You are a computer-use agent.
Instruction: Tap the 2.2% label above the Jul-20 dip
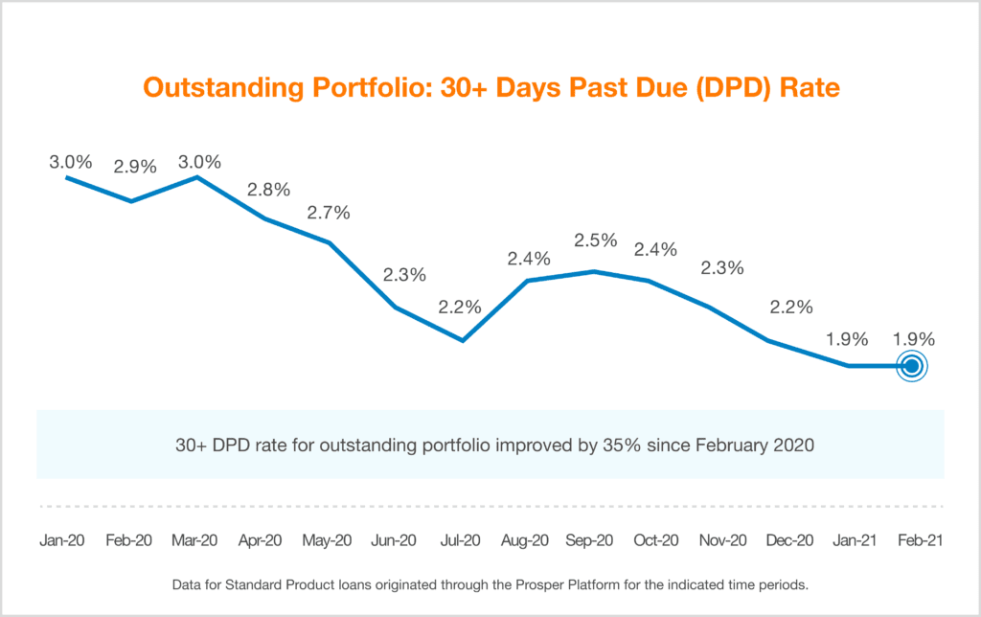(x=460, y=308)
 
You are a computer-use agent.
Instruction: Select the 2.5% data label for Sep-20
(x=594, y=239)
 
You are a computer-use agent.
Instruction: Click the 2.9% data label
(x=135, y=166)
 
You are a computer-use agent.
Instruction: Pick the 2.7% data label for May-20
(x=329, y=212)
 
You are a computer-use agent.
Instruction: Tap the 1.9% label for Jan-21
(x=847, y=338)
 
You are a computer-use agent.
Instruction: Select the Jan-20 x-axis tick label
(x=63, y=540)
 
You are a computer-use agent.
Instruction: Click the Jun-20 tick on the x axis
(x=394, y=540)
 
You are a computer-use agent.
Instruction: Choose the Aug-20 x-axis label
(x=525, y=540)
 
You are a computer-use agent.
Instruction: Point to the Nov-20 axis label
(x=723, y=540)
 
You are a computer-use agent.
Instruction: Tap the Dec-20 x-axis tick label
(x=789, y=540)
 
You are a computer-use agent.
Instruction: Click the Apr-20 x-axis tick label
(x=262, y=540)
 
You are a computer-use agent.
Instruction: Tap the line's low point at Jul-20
(x=463, y=340)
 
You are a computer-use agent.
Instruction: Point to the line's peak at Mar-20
(x=197, y=177)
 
